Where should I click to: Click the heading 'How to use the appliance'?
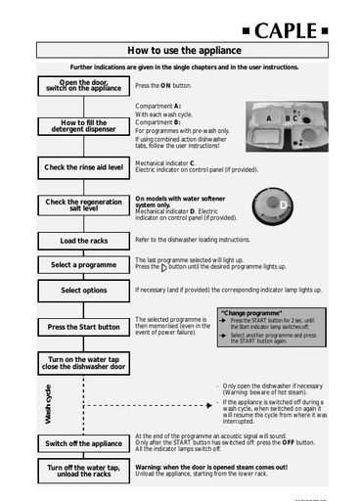point(180,50)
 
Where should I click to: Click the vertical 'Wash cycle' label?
point(48,404)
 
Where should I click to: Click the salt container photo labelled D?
point(272,206)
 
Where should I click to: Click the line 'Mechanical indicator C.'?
point(165,163)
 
